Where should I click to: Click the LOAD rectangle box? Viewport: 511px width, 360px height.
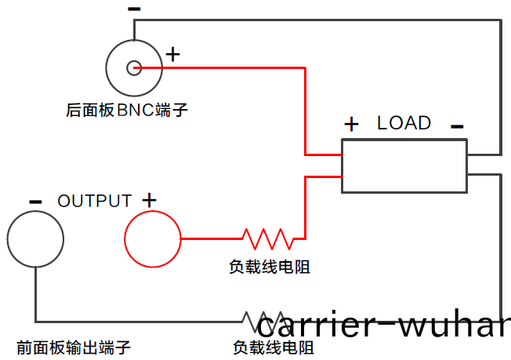point(404,165)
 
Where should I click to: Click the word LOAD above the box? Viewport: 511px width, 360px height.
point(404,123)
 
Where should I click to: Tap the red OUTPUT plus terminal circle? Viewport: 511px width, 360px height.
point(153,238)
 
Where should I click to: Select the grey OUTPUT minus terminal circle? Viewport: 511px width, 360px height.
point(35,238)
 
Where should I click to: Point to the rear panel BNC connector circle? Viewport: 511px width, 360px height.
point(134,68)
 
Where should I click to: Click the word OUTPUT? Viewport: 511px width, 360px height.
point(94,201)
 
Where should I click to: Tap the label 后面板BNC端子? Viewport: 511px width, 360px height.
point(127,111)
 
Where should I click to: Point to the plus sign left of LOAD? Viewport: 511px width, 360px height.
point(352,124)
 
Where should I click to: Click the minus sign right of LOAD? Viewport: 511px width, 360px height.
point(458,125)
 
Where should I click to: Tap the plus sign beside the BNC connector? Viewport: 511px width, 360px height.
point(172,54)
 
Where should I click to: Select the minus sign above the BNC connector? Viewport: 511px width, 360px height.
point(134,9)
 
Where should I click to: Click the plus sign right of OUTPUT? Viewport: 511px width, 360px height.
point(149,200)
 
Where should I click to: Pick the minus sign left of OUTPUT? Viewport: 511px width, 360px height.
point(35,202)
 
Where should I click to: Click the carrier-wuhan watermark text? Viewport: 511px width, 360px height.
point(384,324)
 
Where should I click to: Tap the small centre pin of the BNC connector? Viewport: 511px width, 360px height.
point(134,68)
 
